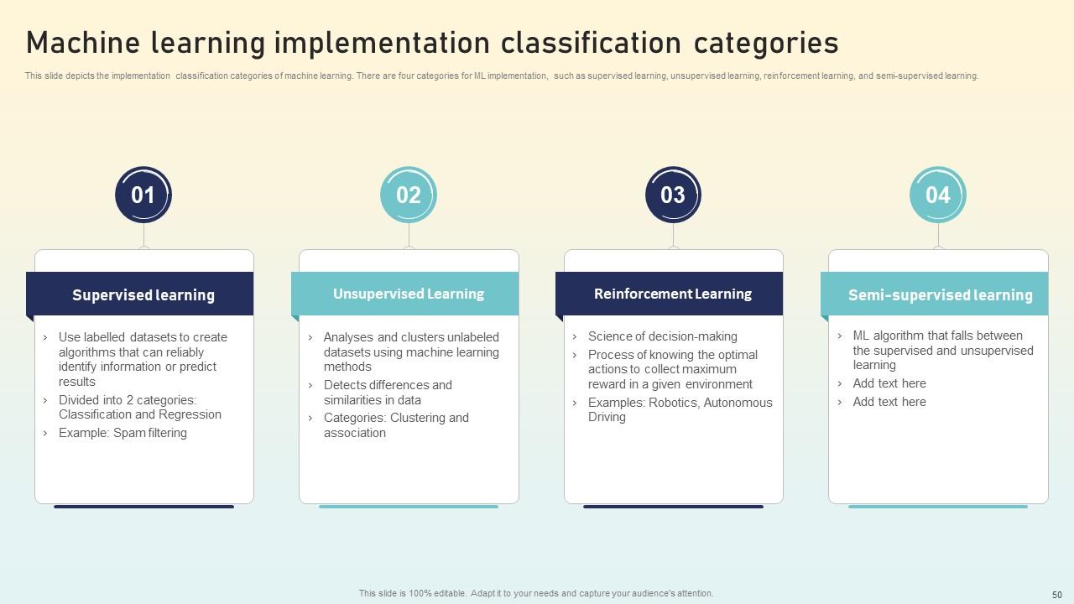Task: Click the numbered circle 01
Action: (143, 195)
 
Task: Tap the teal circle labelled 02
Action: (409, 195)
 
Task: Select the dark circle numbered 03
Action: (673, 195)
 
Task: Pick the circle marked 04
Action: (938, 195)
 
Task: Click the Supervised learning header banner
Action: (140, 294)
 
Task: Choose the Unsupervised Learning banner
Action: (405, 294)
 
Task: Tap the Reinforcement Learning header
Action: (670, 294)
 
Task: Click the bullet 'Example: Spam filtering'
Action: (123, 433)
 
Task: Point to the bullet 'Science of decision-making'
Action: (663, 336)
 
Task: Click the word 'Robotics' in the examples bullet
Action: (674, 403)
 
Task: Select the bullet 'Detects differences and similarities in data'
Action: (388, 393)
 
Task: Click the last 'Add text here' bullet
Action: (889, 402)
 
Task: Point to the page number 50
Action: (1057, 595)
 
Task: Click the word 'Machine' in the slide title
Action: (83, 42)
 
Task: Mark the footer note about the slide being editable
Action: (536, 593)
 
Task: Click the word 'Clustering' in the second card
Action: (418, 418)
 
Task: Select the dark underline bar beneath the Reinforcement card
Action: (673, 506)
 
